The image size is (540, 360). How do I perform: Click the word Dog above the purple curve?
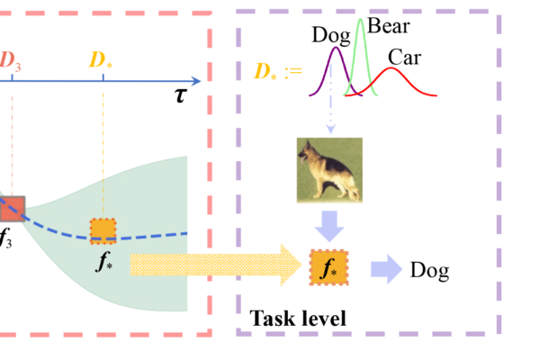click(331, 35)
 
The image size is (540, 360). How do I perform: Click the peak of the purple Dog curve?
click(337, 49)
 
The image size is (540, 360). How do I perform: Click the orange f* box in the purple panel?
click(328, 268)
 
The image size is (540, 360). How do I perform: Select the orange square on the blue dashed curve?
click(103, 230)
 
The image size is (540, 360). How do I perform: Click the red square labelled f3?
click(11, 209)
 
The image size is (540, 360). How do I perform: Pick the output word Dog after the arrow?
click(429, 269)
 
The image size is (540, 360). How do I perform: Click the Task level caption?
click(297, 318)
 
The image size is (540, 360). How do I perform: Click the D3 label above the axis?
click(11, 60)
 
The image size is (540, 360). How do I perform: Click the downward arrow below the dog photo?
click(330, 225)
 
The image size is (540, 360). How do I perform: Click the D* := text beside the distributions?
click(276, 68)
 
